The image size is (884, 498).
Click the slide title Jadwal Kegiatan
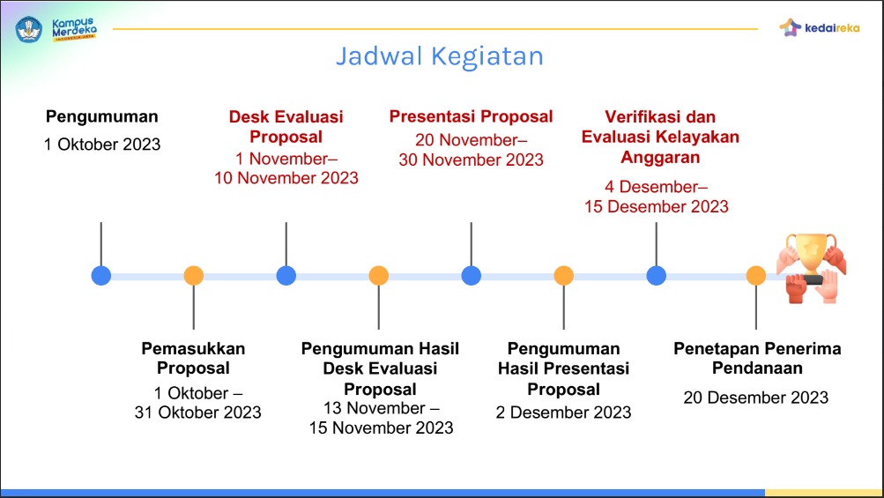click(x=439, y=56)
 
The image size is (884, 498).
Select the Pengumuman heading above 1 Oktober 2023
click(x=102, y=116)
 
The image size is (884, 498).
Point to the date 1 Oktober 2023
click(x=102, y=144)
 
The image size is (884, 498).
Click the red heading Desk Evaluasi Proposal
click(x=286, y=127)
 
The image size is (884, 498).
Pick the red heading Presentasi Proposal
click(x=471, y=116)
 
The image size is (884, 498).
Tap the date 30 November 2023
click(x=471, y=160)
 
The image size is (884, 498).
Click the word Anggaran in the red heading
click(x=660, y=158)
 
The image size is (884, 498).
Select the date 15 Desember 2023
click(x=656, y=206)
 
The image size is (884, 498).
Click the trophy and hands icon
click(x=811, y=268)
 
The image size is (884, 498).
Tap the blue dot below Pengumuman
click(x=101, y=276)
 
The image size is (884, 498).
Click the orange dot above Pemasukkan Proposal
click(x=194, y=276)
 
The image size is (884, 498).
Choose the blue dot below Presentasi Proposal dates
click(x=472, y=276)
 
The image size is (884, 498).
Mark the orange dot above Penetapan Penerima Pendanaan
click(x=756, y=276)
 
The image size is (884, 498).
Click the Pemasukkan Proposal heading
click(x=193, y=358)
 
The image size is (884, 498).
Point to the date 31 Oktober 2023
click(x=197, y=412)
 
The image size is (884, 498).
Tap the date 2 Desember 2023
click(x=563, y=412)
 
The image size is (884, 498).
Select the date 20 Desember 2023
click(x=756, y=398)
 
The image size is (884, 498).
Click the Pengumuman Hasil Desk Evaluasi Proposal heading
click(x=380, y=368)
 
